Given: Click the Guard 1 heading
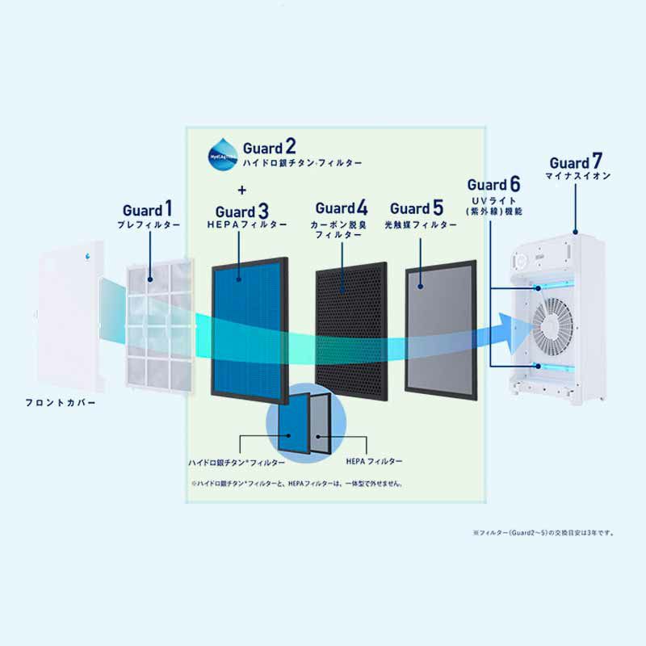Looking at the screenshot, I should click(x=148, y=211).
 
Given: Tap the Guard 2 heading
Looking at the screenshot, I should click(x=270, y=147).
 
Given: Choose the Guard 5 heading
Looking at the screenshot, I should click(x=416, y=208).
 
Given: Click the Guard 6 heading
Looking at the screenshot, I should click(x=493, y=186).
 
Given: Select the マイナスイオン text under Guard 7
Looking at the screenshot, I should click(x=577, y=176).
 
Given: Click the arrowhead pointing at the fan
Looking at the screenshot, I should click(x=517, y=327).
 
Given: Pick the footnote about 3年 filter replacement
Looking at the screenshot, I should click(x=545, y=533).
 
